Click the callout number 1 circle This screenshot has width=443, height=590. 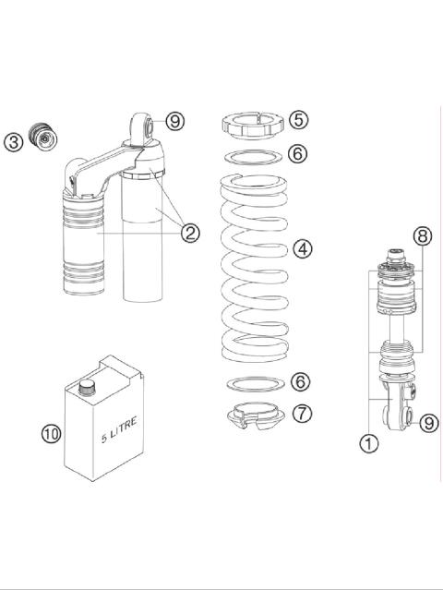(369, 444)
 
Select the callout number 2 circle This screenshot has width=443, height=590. (190, 233)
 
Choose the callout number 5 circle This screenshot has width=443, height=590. (297, 120)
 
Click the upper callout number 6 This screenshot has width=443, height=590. (297, 153)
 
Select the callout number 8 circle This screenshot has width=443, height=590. (423, 235)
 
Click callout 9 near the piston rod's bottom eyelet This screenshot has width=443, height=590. (428, 423)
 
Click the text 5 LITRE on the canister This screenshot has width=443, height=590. (120, 431)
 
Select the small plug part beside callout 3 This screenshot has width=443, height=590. (42, 136)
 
